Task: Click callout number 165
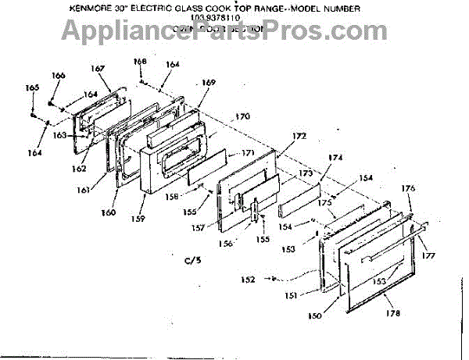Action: coord(31,88)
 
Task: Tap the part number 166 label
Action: coord(58,75)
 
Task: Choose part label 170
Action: coord(242,116)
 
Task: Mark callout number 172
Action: coord(300,137)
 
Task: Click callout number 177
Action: coord(429,255)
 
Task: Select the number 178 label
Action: coord(392,313)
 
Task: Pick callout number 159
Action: coord(140,219)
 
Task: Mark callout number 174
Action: coord(335,158)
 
